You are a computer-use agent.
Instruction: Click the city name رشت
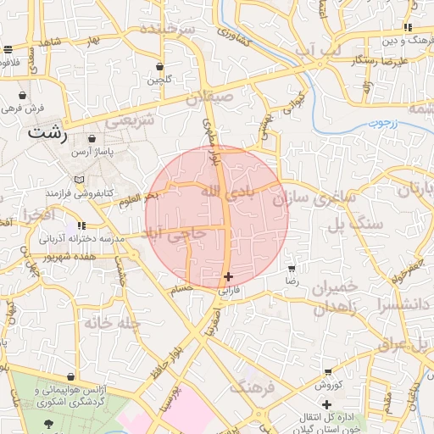pyautogui.click(x=47, y=132)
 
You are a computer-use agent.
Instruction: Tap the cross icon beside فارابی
pyautogui.click(x=228, y=276)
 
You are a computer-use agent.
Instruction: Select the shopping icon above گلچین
pyautogui.click(x=160, y=66)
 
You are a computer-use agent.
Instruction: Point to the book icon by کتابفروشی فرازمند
pyautogui.click(x=79, y=180)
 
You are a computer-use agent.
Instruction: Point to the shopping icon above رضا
pyautogui.click(x=292, y=266)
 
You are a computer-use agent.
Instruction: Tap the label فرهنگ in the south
pyautogui.click(x=252, y=387)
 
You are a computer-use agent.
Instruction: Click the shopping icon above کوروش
pyautogui.click(x=328, y=372)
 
